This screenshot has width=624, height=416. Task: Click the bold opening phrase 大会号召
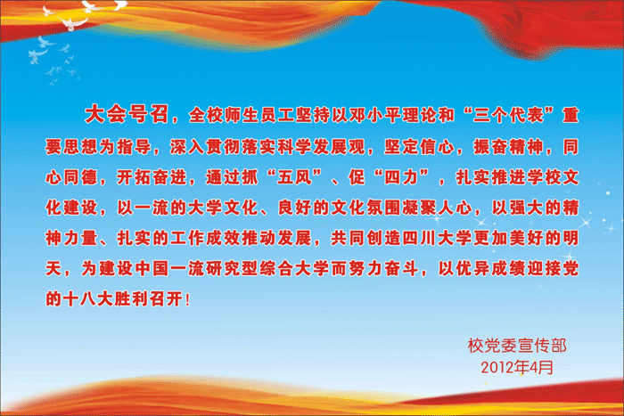[127, 114]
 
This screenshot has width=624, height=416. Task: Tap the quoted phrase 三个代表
[508, 115]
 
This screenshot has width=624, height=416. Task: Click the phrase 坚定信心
[419, 147]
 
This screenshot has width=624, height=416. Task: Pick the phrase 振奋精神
[508, 147]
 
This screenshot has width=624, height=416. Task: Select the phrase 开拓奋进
[152, 177]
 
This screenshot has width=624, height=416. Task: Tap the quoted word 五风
[294, 177]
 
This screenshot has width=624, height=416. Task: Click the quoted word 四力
[401, 177]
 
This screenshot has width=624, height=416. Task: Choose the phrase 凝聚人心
[437, 208]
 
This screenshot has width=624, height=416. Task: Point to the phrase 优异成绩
[490, 269]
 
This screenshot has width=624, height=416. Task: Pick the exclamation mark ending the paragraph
[188, 299]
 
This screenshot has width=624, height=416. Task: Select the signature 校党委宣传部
[517, 346]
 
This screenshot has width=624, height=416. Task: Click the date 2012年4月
[517, 368]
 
